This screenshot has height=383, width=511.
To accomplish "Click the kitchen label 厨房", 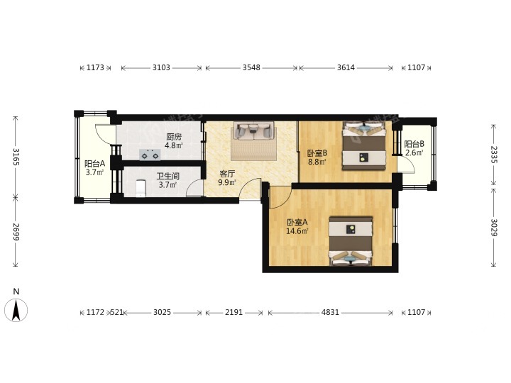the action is pos(174,137).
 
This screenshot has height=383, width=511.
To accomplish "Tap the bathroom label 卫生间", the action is pos(167,177).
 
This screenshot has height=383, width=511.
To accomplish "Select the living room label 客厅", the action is pos(227,174).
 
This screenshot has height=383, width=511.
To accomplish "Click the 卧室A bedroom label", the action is pos(297,223).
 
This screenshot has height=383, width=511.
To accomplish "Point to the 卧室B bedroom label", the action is pos(317,152).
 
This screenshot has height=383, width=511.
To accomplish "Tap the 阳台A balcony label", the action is pos(94,164).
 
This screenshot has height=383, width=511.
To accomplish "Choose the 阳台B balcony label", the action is pos(414,144).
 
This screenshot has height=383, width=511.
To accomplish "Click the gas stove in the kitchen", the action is pos(150,155).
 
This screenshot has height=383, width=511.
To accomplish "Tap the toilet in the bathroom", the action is pos(141,188).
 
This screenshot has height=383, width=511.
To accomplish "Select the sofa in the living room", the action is pos(253,131).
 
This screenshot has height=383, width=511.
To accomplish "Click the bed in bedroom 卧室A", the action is pos(351,241).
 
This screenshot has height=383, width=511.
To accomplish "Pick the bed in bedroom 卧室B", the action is pos(363,145).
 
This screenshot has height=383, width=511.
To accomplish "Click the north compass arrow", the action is pos(16,310).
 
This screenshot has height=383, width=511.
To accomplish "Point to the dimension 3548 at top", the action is pos(251,67).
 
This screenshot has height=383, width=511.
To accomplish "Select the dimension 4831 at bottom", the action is pos(330,312).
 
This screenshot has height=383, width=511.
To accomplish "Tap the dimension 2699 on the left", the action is pos(16,232).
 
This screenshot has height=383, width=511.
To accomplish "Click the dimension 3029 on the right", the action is pos(494,228).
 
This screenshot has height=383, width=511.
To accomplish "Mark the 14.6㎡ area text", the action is pos(297,231).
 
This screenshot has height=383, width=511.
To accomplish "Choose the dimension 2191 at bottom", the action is pos(233,312).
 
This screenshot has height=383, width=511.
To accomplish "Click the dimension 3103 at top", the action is pos(161,67).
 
